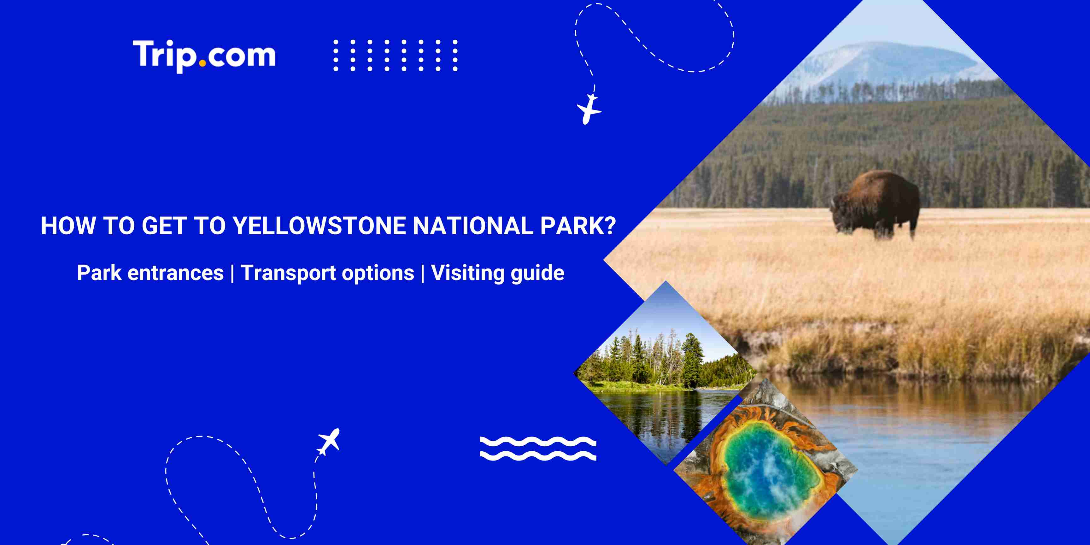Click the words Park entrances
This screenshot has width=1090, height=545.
[x=150, y=273]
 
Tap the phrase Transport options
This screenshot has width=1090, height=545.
[x=327, y=273]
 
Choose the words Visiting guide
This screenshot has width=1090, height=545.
[x=498, y=273]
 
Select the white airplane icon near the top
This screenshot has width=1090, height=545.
[x=589, y=109]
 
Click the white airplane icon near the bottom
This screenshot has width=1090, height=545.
[x=329, y=441]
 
